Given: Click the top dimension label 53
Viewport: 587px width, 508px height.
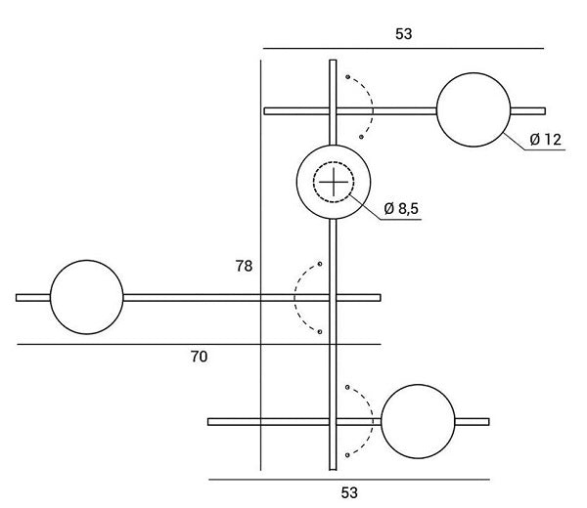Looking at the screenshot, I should pos(403,33).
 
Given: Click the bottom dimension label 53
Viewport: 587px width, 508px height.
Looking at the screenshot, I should pos(349,492).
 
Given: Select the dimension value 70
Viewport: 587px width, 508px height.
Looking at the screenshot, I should pos(198,358).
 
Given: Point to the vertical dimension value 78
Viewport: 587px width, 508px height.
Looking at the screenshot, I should pos(245,266).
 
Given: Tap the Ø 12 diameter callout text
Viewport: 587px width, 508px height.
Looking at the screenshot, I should pos(545,140).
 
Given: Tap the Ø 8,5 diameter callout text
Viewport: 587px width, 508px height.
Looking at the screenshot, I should pos(402,208).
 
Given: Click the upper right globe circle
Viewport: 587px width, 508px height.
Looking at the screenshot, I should pos(474,109).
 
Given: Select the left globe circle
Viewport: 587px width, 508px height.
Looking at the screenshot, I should pos(86,296).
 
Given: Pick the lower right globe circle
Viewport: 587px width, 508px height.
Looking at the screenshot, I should pos(418,421).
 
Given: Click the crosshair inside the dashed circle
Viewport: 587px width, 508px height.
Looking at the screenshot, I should pos(334,181).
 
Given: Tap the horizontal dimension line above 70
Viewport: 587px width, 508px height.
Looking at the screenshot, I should pos(198,344).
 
